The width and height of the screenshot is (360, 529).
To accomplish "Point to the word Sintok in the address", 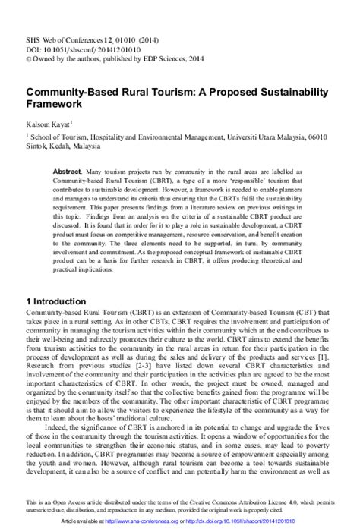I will coord(17,148).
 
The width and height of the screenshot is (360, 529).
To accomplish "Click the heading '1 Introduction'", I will coord(46,301).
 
